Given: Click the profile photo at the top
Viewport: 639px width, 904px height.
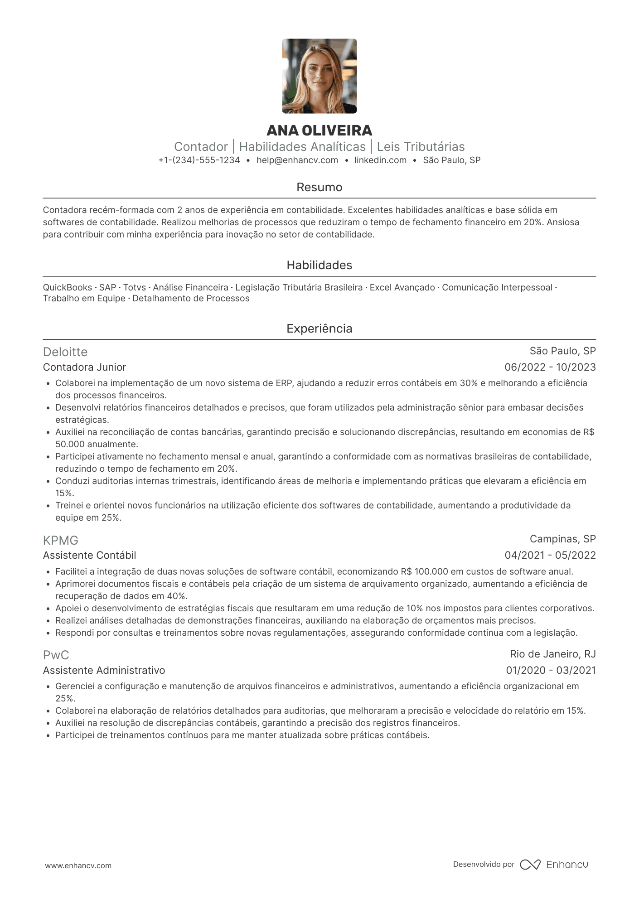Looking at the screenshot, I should (x=319, y=76).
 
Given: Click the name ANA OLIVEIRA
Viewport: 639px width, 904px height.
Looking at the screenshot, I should (x=319, y=131).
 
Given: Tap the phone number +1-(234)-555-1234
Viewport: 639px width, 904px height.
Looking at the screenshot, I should (x=199, y=160).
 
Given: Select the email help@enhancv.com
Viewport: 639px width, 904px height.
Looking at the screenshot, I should (x=297, y=160).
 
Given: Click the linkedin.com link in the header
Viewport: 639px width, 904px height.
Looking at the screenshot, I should (x=380, y=160).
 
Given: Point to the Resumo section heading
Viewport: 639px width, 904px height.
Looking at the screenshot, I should (x=319, y=187).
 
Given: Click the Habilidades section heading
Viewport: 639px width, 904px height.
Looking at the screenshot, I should (x=319, y=265).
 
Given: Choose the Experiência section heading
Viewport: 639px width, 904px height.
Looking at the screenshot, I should (x=319, y=329).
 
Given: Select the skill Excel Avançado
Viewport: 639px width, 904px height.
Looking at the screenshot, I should (x=402, y=288).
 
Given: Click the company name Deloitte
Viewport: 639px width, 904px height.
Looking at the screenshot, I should (x=65, y=352).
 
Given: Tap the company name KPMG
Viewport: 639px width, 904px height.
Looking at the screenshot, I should (x=61, y=540).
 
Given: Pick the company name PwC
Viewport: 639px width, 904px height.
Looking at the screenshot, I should (x=56, y=655).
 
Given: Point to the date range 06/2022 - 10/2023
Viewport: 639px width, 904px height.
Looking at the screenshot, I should (x=550, y=367).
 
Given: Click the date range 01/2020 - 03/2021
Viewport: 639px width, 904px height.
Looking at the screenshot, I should (x=551, y=670).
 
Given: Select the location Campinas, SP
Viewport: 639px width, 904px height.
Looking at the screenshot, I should (x=562, y=539).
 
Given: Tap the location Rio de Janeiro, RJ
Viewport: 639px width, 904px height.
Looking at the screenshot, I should (x=552, y=654).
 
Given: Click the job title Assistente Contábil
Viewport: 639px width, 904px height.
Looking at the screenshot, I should (x=89, y=555).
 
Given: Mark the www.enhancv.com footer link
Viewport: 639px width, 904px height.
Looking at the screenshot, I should (x=78, y=865).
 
